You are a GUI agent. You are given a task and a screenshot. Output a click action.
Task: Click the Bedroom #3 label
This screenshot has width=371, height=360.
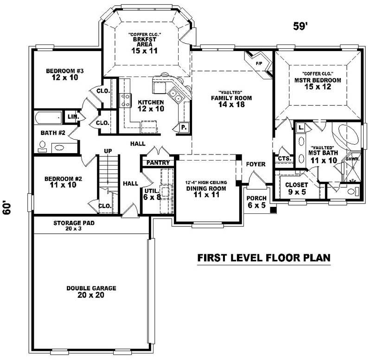coord(64,74)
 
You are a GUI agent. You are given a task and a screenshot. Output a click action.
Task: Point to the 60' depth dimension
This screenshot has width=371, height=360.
coord(7,208)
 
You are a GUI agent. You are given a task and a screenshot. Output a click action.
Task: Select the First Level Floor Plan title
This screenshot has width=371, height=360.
coord(264,257)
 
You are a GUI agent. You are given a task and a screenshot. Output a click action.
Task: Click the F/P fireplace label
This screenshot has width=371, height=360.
coord(259,64)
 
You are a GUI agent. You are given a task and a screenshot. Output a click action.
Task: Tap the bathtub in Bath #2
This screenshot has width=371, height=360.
coord(48,117)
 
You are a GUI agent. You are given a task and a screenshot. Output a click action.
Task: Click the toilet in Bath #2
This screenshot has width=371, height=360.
coord(42,147)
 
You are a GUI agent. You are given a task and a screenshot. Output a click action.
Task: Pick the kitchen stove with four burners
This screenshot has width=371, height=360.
coord(125,100)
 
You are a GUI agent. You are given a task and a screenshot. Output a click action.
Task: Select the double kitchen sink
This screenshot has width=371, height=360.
coord(175,96)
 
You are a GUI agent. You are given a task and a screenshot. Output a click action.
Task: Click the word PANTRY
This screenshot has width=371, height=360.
coord(158,163)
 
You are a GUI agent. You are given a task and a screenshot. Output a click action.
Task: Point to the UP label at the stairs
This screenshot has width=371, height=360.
coord(108,151)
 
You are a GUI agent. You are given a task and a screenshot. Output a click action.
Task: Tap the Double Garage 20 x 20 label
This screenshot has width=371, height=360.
coord(91,292)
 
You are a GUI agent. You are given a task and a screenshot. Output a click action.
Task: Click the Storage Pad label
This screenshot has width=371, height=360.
coord(74,225)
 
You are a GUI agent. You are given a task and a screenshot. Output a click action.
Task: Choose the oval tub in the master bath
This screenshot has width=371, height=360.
coord(348,134)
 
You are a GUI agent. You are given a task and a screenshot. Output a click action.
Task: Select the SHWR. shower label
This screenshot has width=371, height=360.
coord(353,159)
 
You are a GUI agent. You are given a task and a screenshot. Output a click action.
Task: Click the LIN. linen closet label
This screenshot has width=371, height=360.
coord(73,116)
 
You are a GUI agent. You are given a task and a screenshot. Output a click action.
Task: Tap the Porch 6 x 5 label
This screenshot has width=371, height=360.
coord(256,202)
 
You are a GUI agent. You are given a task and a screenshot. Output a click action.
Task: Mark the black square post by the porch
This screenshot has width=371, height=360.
coord(274,210)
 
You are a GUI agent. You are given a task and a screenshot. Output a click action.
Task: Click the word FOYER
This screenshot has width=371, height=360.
coord(256,164)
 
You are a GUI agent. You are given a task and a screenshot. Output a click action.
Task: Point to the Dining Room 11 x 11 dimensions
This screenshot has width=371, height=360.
coord(206,194)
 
